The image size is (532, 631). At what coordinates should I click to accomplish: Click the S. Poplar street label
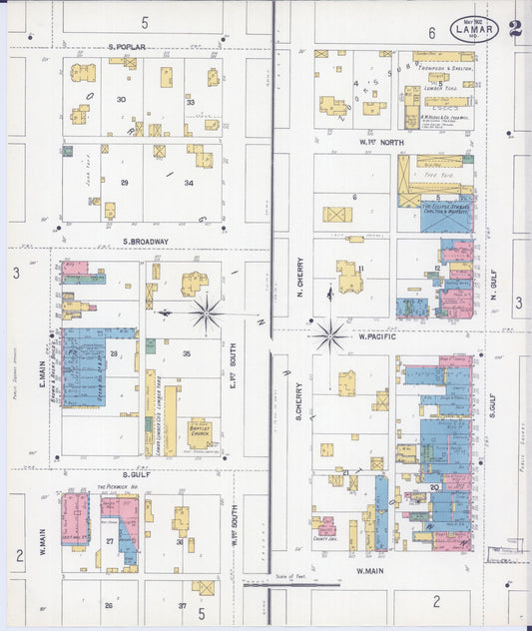click(x=127, y=47)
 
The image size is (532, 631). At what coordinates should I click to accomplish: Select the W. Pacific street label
click(x=377, y=336)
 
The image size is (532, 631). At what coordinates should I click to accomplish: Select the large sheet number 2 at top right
click(x=514, y=29)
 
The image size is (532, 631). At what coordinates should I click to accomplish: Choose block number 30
click(x=121, y=99)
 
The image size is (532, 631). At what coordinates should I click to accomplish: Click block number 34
click(x=188, y=183)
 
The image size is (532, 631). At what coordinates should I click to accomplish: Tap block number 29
click(x=125, y=183)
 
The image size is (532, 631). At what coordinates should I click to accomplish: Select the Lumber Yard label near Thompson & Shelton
click(x=440, y=87)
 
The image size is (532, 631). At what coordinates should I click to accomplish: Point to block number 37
click(x=183, y=605)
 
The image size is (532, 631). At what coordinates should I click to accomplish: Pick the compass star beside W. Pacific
click(x=328, y=334)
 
